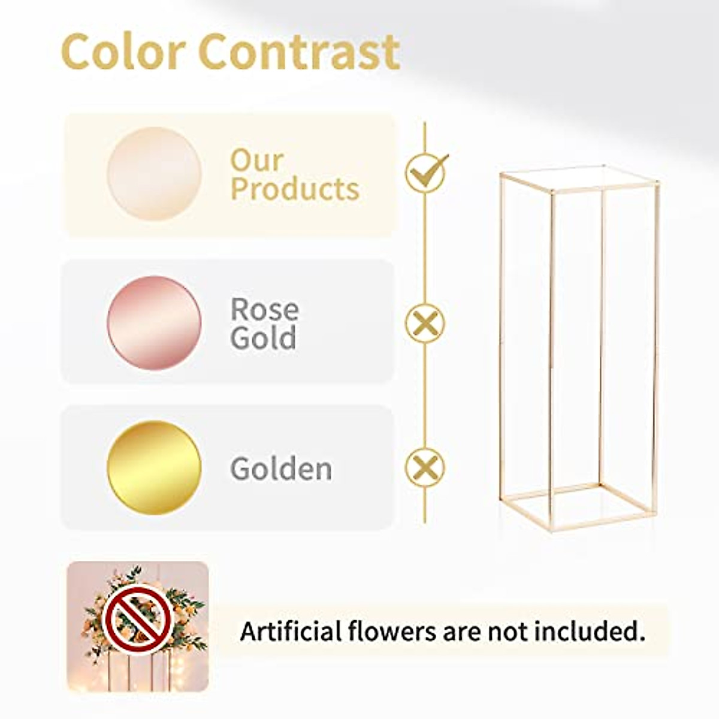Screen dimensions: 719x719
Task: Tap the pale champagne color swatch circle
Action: [154, 174]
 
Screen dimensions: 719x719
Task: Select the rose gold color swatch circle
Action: [154, 323]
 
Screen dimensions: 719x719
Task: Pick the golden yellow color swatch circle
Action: [154, 468]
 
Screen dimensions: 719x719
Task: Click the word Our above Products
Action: [256, 161]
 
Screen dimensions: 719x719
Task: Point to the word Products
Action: [295, 189]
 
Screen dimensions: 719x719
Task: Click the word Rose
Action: [264, 310]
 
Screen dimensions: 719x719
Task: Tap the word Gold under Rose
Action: [263, 338]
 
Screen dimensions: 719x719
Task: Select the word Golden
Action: [281, 469]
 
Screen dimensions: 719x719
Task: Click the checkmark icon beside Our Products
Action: [425, 171]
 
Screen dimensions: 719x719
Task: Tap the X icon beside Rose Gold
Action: [425, 324]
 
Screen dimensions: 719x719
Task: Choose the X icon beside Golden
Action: [425, 467]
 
